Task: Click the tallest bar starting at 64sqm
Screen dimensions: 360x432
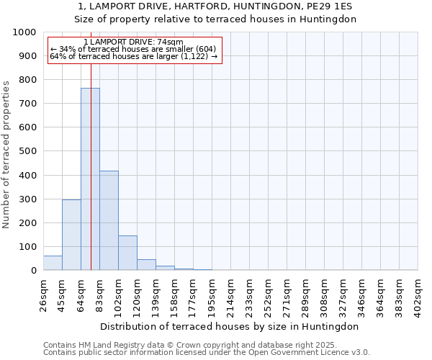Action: tap(90, 179)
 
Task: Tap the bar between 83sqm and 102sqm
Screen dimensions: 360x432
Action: tap(109, 220)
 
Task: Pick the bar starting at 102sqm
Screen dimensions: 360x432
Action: tap(127, 253)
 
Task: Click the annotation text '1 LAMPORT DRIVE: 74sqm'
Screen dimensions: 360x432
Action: tap(133, 42)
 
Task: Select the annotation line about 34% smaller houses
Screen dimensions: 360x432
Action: tap(133, 49)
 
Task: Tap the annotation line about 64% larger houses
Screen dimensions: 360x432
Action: tap(133, 56)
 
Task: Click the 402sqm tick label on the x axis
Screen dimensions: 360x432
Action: tap(418, 292)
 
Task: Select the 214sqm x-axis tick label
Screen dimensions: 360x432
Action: tap(231, 292)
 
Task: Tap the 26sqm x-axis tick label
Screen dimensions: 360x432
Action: tap(44, 292)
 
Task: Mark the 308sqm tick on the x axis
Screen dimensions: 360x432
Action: tap(325, 292)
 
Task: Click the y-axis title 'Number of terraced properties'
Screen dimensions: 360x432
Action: tap(6, 154)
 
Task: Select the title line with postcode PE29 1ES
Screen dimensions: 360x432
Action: tap(216, 6)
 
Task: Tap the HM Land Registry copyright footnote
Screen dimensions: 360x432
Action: tap(186, 345)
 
